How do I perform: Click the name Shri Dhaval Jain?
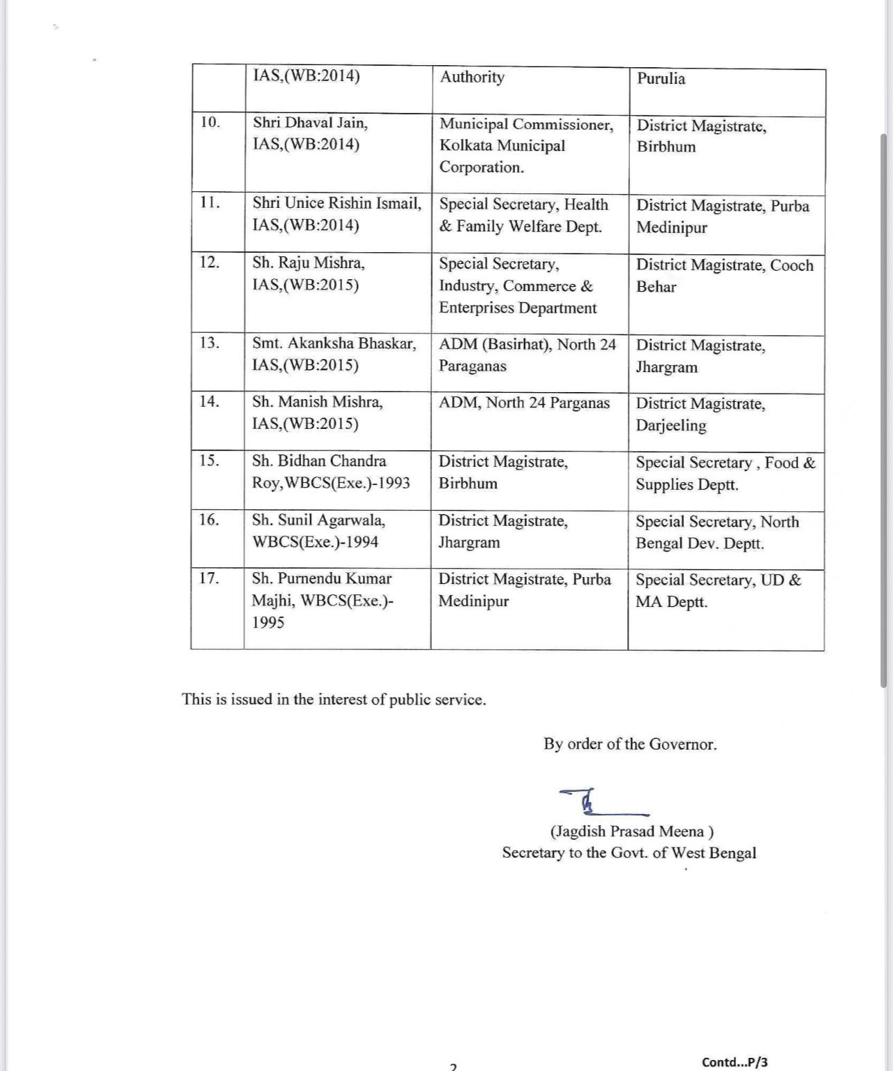pyautogui.click(x=310, y=123)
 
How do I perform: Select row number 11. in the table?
pyautogui.click(x=210, y=202)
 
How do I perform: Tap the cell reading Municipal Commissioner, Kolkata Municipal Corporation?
pyautogui.click(x=526, y=145)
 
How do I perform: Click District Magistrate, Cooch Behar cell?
pyautogui.click(x=724, y=276)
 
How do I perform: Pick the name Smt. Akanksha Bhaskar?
pyautogui.click(x=334, y=344)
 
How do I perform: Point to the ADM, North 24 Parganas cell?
pyautogui.click(x=524, y=403)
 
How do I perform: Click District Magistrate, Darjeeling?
pyautogui.click(x=701, y=414)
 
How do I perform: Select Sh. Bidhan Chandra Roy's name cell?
pyautogui.click(x=331, y=472)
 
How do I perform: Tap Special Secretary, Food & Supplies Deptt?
pyautogui.click(x=725, y=473)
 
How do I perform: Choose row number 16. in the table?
pyautogui.click(x=209, y=520)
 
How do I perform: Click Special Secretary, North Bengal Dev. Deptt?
pyautogui.click(x=717, y=532)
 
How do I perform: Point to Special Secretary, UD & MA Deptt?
pyautogui.click(x=718, y=590)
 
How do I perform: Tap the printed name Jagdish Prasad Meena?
pyautogui.click(x=631, y=831)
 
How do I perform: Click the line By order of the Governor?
pyautogui.click(x=630, y=744)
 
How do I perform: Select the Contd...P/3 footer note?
pyautogui.click(x=734, y=1062)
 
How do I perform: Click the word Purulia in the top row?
pyautogui.click(x=661, y=78)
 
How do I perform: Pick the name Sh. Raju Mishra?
pyautogui.click(x=308, y=263)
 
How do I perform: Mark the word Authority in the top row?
pyautogui.click(x=472, y=77)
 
